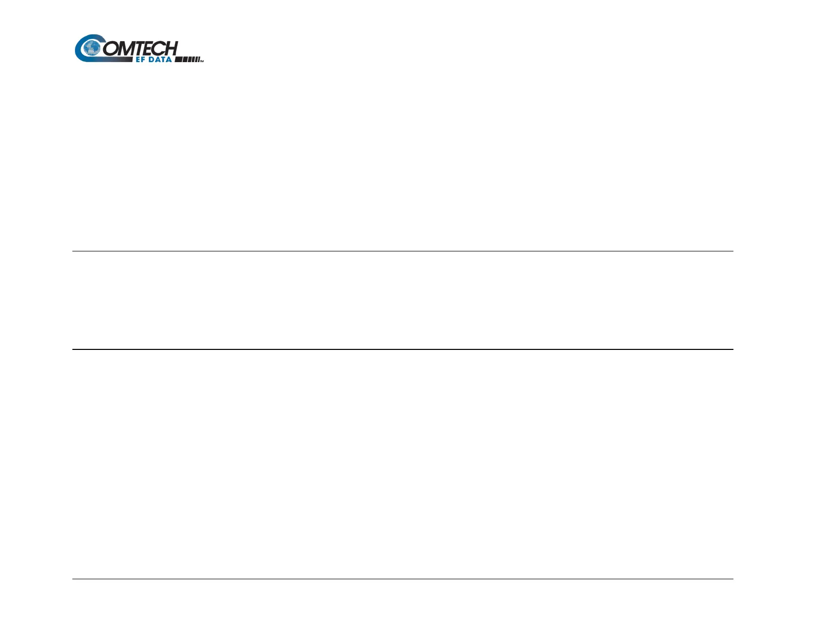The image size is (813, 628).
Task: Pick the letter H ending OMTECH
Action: [170, 48]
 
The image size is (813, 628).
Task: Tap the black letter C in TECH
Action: [160, 48]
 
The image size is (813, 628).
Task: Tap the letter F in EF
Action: [144, 60]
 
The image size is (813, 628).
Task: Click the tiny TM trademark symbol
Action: [202, 61]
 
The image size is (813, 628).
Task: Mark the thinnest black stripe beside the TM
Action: [198, 60]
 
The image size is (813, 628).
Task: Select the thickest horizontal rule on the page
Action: [402, 349]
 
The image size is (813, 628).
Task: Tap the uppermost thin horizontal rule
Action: [402, 251]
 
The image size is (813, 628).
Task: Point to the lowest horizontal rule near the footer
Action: [402, 579]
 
